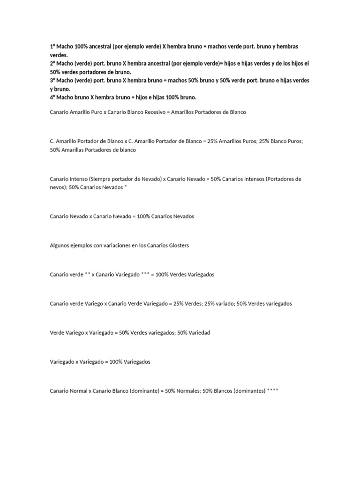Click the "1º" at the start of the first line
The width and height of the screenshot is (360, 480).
pos(52,47)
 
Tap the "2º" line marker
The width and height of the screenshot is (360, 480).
pos(52,63)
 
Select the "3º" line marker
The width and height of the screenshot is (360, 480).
pos(52,80)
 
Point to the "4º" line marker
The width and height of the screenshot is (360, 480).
pos(52,97)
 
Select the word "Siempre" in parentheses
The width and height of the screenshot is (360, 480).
pos(100,179)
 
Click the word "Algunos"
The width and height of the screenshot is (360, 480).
pos(59,245)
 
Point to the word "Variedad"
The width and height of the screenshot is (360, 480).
pos(199,332)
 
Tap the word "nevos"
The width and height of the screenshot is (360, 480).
pos(57,187)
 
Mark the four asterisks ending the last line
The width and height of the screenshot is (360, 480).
pos(272,390)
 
